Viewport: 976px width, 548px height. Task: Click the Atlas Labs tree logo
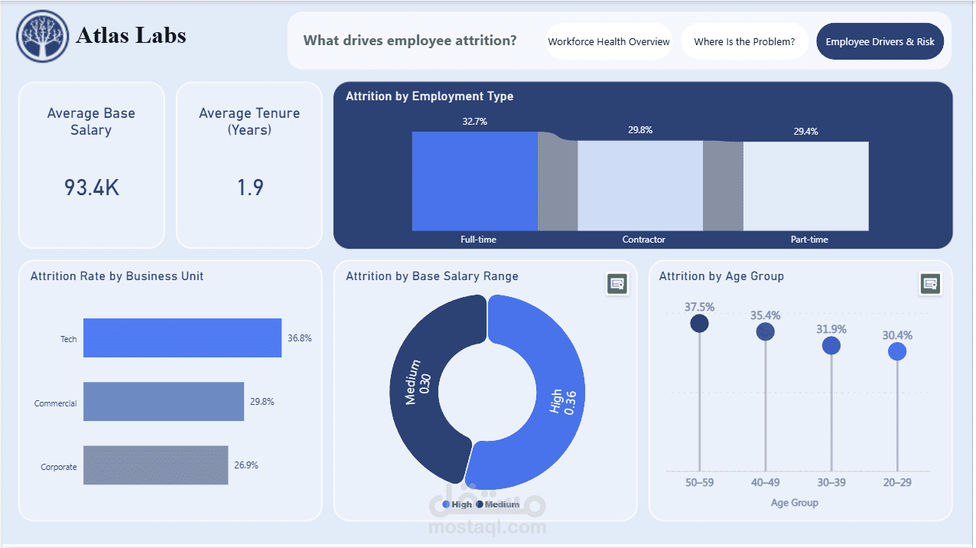[42, 36]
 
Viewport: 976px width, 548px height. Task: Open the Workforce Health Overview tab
[609, 41]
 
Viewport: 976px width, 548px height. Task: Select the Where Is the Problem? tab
[744, 41]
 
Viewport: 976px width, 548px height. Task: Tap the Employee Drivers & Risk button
[880, 41]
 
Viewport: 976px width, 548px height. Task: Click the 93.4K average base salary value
[92, 188]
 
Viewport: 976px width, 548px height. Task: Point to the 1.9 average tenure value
[250, 188]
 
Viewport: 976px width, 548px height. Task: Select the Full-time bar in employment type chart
[475, 181]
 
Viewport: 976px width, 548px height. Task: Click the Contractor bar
[640, 185]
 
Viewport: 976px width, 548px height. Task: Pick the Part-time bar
[806, 186]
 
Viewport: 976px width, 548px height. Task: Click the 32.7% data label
[474, 121]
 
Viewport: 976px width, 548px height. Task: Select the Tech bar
[183, 338]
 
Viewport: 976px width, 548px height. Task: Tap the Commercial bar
[164, 402]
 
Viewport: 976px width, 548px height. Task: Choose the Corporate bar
[156, 465]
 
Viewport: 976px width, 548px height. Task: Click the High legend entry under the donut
[457, 504]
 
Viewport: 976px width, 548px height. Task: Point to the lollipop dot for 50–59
[699, 324]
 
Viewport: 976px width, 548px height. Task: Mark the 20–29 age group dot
[897, 351]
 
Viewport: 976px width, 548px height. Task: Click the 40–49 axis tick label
[765, 483]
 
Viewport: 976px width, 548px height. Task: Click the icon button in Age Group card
[930, 284]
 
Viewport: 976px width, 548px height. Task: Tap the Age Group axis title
[794, 503]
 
